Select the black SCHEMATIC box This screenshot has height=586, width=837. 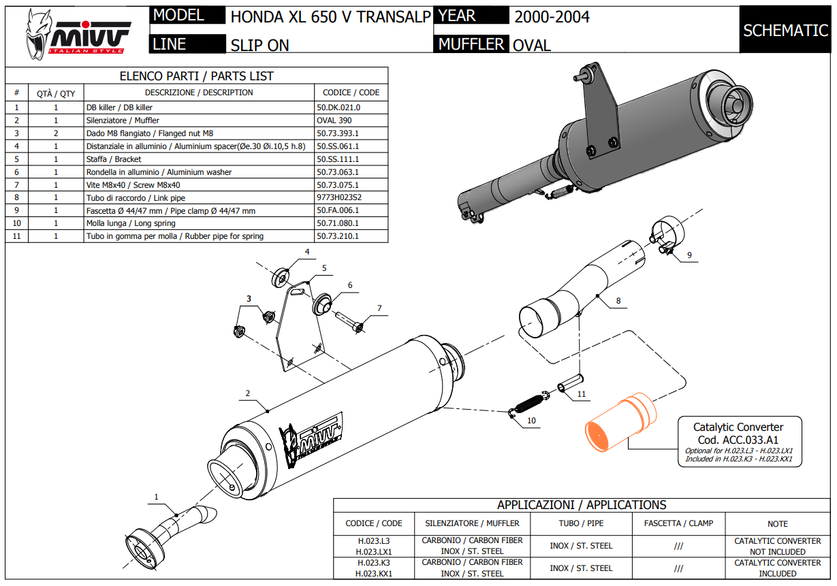pos(785,30)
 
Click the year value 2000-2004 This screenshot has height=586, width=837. pos(552,16)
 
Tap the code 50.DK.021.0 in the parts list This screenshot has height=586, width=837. pos(338,108)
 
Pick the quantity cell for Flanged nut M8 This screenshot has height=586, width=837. pos(56,133)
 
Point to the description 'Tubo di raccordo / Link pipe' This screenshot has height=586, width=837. pos(136,197)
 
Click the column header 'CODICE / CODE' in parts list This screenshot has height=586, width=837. pos(351,93)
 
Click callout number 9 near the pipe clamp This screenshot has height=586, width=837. pos(689,255)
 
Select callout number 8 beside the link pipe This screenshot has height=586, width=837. pos(618,299)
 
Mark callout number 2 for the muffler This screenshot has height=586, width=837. pos(248,393)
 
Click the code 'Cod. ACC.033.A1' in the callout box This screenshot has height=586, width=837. pos(738,440)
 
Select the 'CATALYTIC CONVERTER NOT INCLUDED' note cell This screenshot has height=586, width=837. pos(777,546)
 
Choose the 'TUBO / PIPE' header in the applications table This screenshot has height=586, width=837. pos(581,523)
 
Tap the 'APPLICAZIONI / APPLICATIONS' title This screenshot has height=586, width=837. pos(581,505)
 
